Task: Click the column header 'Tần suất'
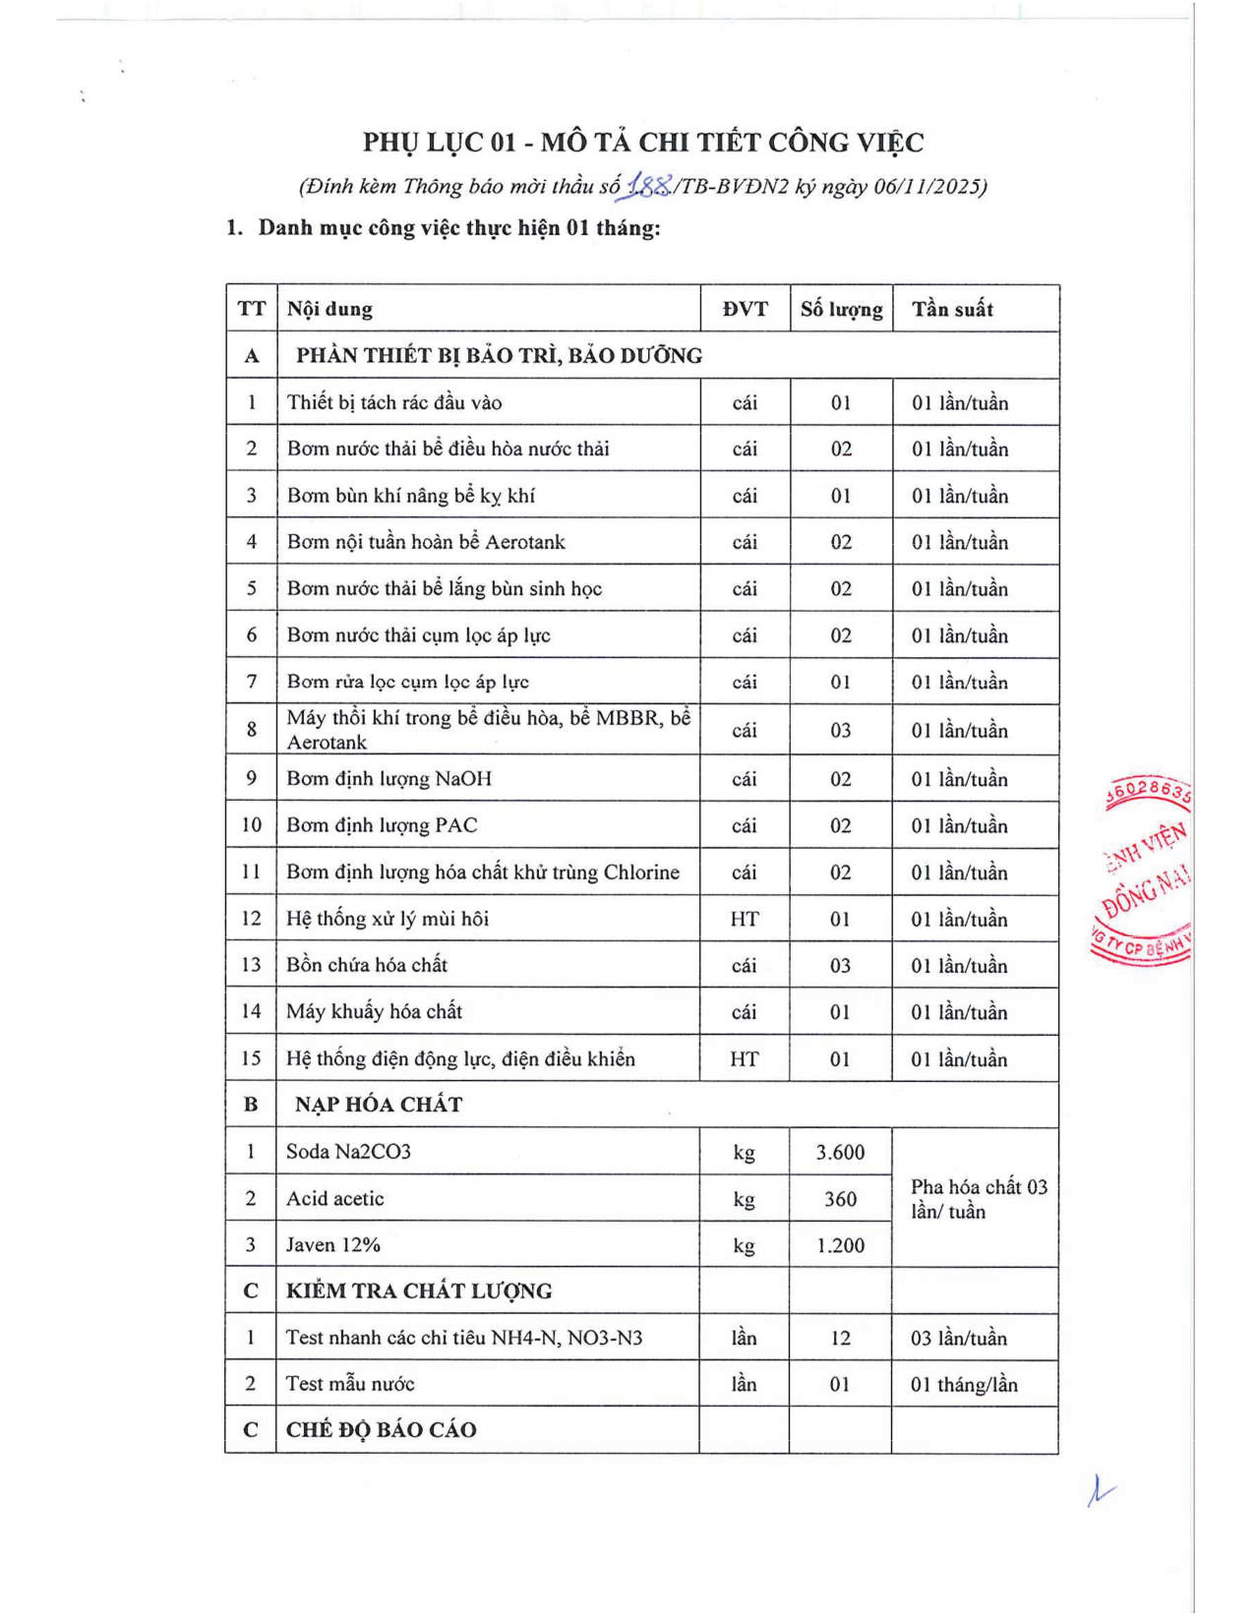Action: coord(951,309)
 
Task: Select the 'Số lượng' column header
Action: coord(841,309)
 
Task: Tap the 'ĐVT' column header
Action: coord(745,309)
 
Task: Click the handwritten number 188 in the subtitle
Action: coord(650,184)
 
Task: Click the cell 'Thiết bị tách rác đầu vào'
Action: coord(394,402)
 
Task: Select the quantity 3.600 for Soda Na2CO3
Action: coord(840,1152)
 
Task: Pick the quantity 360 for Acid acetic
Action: coord(840,1199)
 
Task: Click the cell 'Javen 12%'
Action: coord(333,1245)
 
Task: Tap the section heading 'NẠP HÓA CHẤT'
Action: coord(379,1105)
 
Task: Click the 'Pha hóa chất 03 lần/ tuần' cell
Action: coord(978,1199)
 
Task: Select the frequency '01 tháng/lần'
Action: coord(963,1385)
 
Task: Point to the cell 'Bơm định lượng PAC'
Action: coord(382,825)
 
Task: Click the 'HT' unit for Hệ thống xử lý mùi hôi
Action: coord(744,919)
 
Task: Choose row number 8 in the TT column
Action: coord(252,730)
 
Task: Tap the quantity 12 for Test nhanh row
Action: coord(840,1338)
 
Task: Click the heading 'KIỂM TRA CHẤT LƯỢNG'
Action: coord(419,1292)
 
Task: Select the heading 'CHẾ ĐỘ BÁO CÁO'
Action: coord(382,1430)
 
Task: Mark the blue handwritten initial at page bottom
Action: coord(1099,1491)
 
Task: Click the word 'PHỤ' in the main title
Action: coord(391,143)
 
